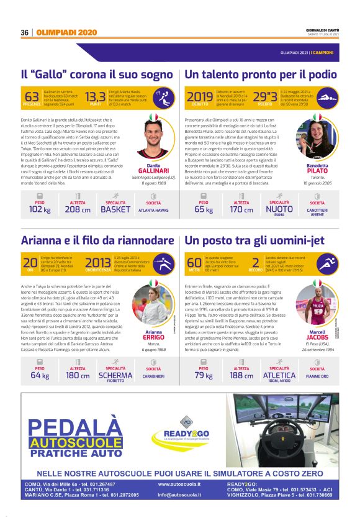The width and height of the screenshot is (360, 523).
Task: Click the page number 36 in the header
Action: (25, 32)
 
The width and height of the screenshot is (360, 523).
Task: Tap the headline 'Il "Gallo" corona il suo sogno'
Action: (97, 75)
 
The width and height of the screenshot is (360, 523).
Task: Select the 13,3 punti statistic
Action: (96, 97)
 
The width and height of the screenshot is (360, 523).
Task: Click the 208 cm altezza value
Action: (77, 209)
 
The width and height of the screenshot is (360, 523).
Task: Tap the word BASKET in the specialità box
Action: (115, 209)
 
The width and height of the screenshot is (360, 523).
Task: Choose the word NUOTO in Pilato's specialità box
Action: (279, 209)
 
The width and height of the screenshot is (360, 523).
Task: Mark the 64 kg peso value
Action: (40, 375)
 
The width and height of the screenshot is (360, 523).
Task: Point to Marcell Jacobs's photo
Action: (317, 301)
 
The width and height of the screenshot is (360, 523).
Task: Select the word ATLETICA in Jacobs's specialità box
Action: (279, 375)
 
